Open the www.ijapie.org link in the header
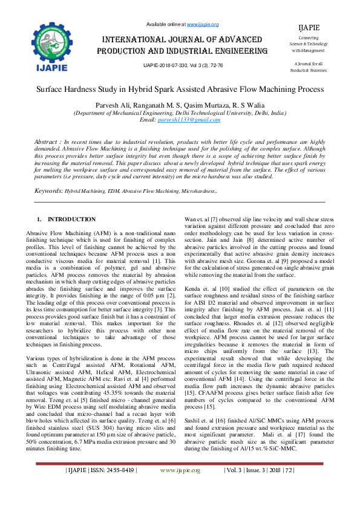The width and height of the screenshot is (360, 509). point(203,24)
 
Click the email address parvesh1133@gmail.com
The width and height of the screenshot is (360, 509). point(180,120)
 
